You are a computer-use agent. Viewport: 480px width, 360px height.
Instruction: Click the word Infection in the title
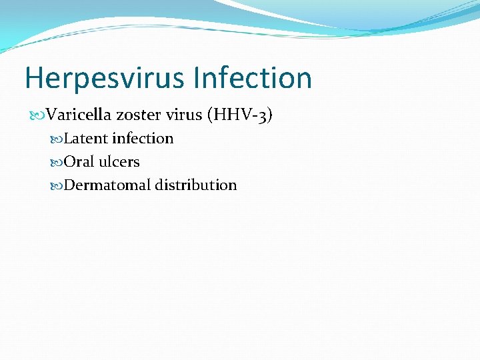253,78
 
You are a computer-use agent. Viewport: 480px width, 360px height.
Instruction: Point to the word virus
184,115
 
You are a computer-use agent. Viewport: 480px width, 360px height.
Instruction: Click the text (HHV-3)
240,115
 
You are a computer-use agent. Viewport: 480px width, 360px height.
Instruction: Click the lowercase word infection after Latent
143,139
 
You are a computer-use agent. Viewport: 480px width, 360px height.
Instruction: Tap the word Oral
79,162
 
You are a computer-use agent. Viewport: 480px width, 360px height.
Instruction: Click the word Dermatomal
107,185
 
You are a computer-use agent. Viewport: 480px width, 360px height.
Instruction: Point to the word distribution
196,185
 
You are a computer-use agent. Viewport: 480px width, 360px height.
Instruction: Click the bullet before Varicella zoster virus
37,116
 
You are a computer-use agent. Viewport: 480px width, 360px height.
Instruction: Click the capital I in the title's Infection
197,78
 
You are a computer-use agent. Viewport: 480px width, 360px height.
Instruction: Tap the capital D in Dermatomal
70,185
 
